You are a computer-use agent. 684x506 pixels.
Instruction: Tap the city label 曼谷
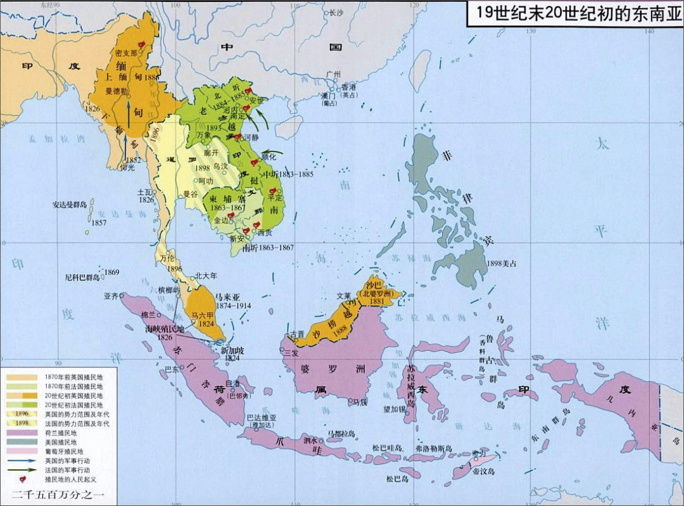tap(191, 194)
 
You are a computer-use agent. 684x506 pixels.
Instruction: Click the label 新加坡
tap(232, 350)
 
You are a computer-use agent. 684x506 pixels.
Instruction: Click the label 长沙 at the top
tap(336, 13)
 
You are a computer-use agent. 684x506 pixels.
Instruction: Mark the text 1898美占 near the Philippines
tap(501, 263)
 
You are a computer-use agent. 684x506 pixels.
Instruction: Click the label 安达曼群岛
tap(70, 205)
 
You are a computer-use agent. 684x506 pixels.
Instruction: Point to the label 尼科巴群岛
tap(83, 277)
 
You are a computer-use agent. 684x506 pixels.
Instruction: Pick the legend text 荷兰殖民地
tap(61, 433)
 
